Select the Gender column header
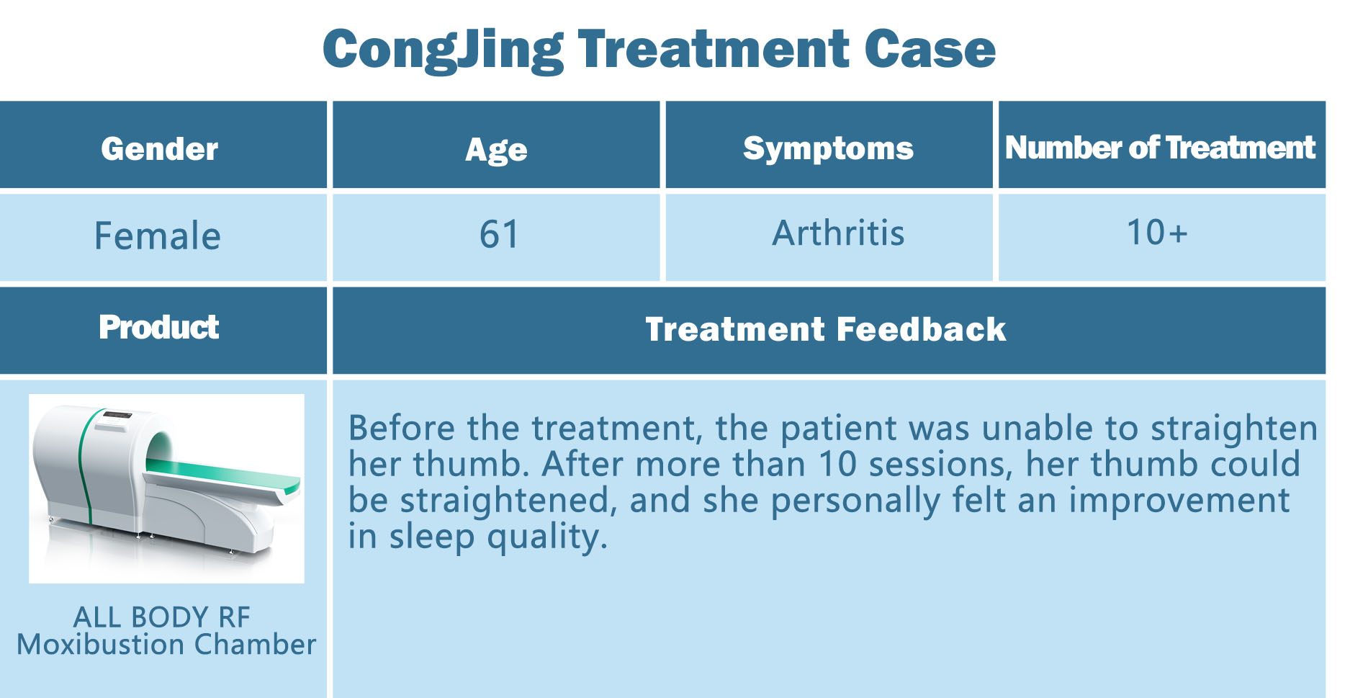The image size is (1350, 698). point(160,149)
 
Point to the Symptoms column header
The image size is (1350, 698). point(828,149)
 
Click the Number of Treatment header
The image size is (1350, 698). point(1160,148)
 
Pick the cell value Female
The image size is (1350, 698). point(157,236)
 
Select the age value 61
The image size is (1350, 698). point(499,234)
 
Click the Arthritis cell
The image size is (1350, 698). point(838,233)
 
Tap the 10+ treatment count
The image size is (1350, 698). point(1156,232)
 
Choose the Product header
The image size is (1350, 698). point(159,327)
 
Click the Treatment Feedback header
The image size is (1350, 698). point(825,329)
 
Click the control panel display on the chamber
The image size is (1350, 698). point(117,416)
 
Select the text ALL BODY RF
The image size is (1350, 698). point(161,617)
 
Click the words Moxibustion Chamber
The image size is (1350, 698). point(166,645)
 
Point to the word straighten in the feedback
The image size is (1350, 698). point(1234,429)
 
